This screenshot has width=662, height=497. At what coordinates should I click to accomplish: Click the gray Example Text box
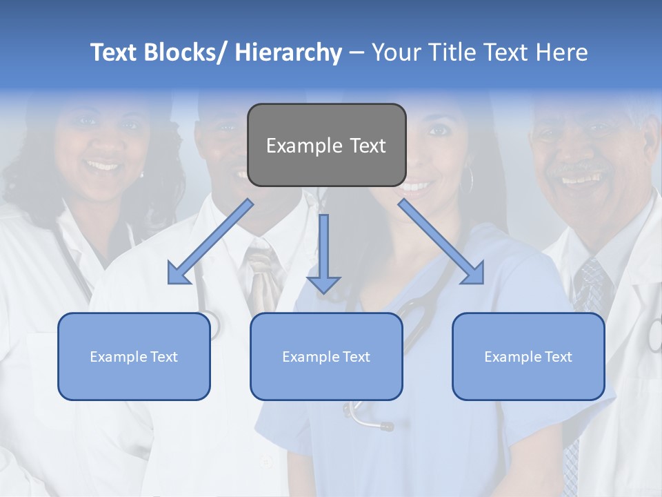tap(326, 145)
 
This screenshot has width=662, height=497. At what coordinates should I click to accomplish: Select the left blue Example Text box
tap(134, 356)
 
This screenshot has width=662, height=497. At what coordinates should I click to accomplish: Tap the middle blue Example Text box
tap(326, 356)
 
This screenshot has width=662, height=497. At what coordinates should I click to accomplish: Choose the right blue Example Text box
tap(528, 356)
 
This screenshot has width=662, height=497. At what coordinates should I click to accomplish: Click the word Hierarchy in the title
tap(288, 52)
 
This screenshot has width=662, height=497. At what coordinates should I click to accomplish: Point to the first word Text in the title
tap(114, 52)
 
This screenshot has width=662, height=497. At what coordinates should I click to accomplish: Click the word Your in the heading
tap(396, 52)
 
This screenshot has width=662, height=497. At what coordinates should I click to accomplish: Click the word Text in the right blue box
tap(556, 357)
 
